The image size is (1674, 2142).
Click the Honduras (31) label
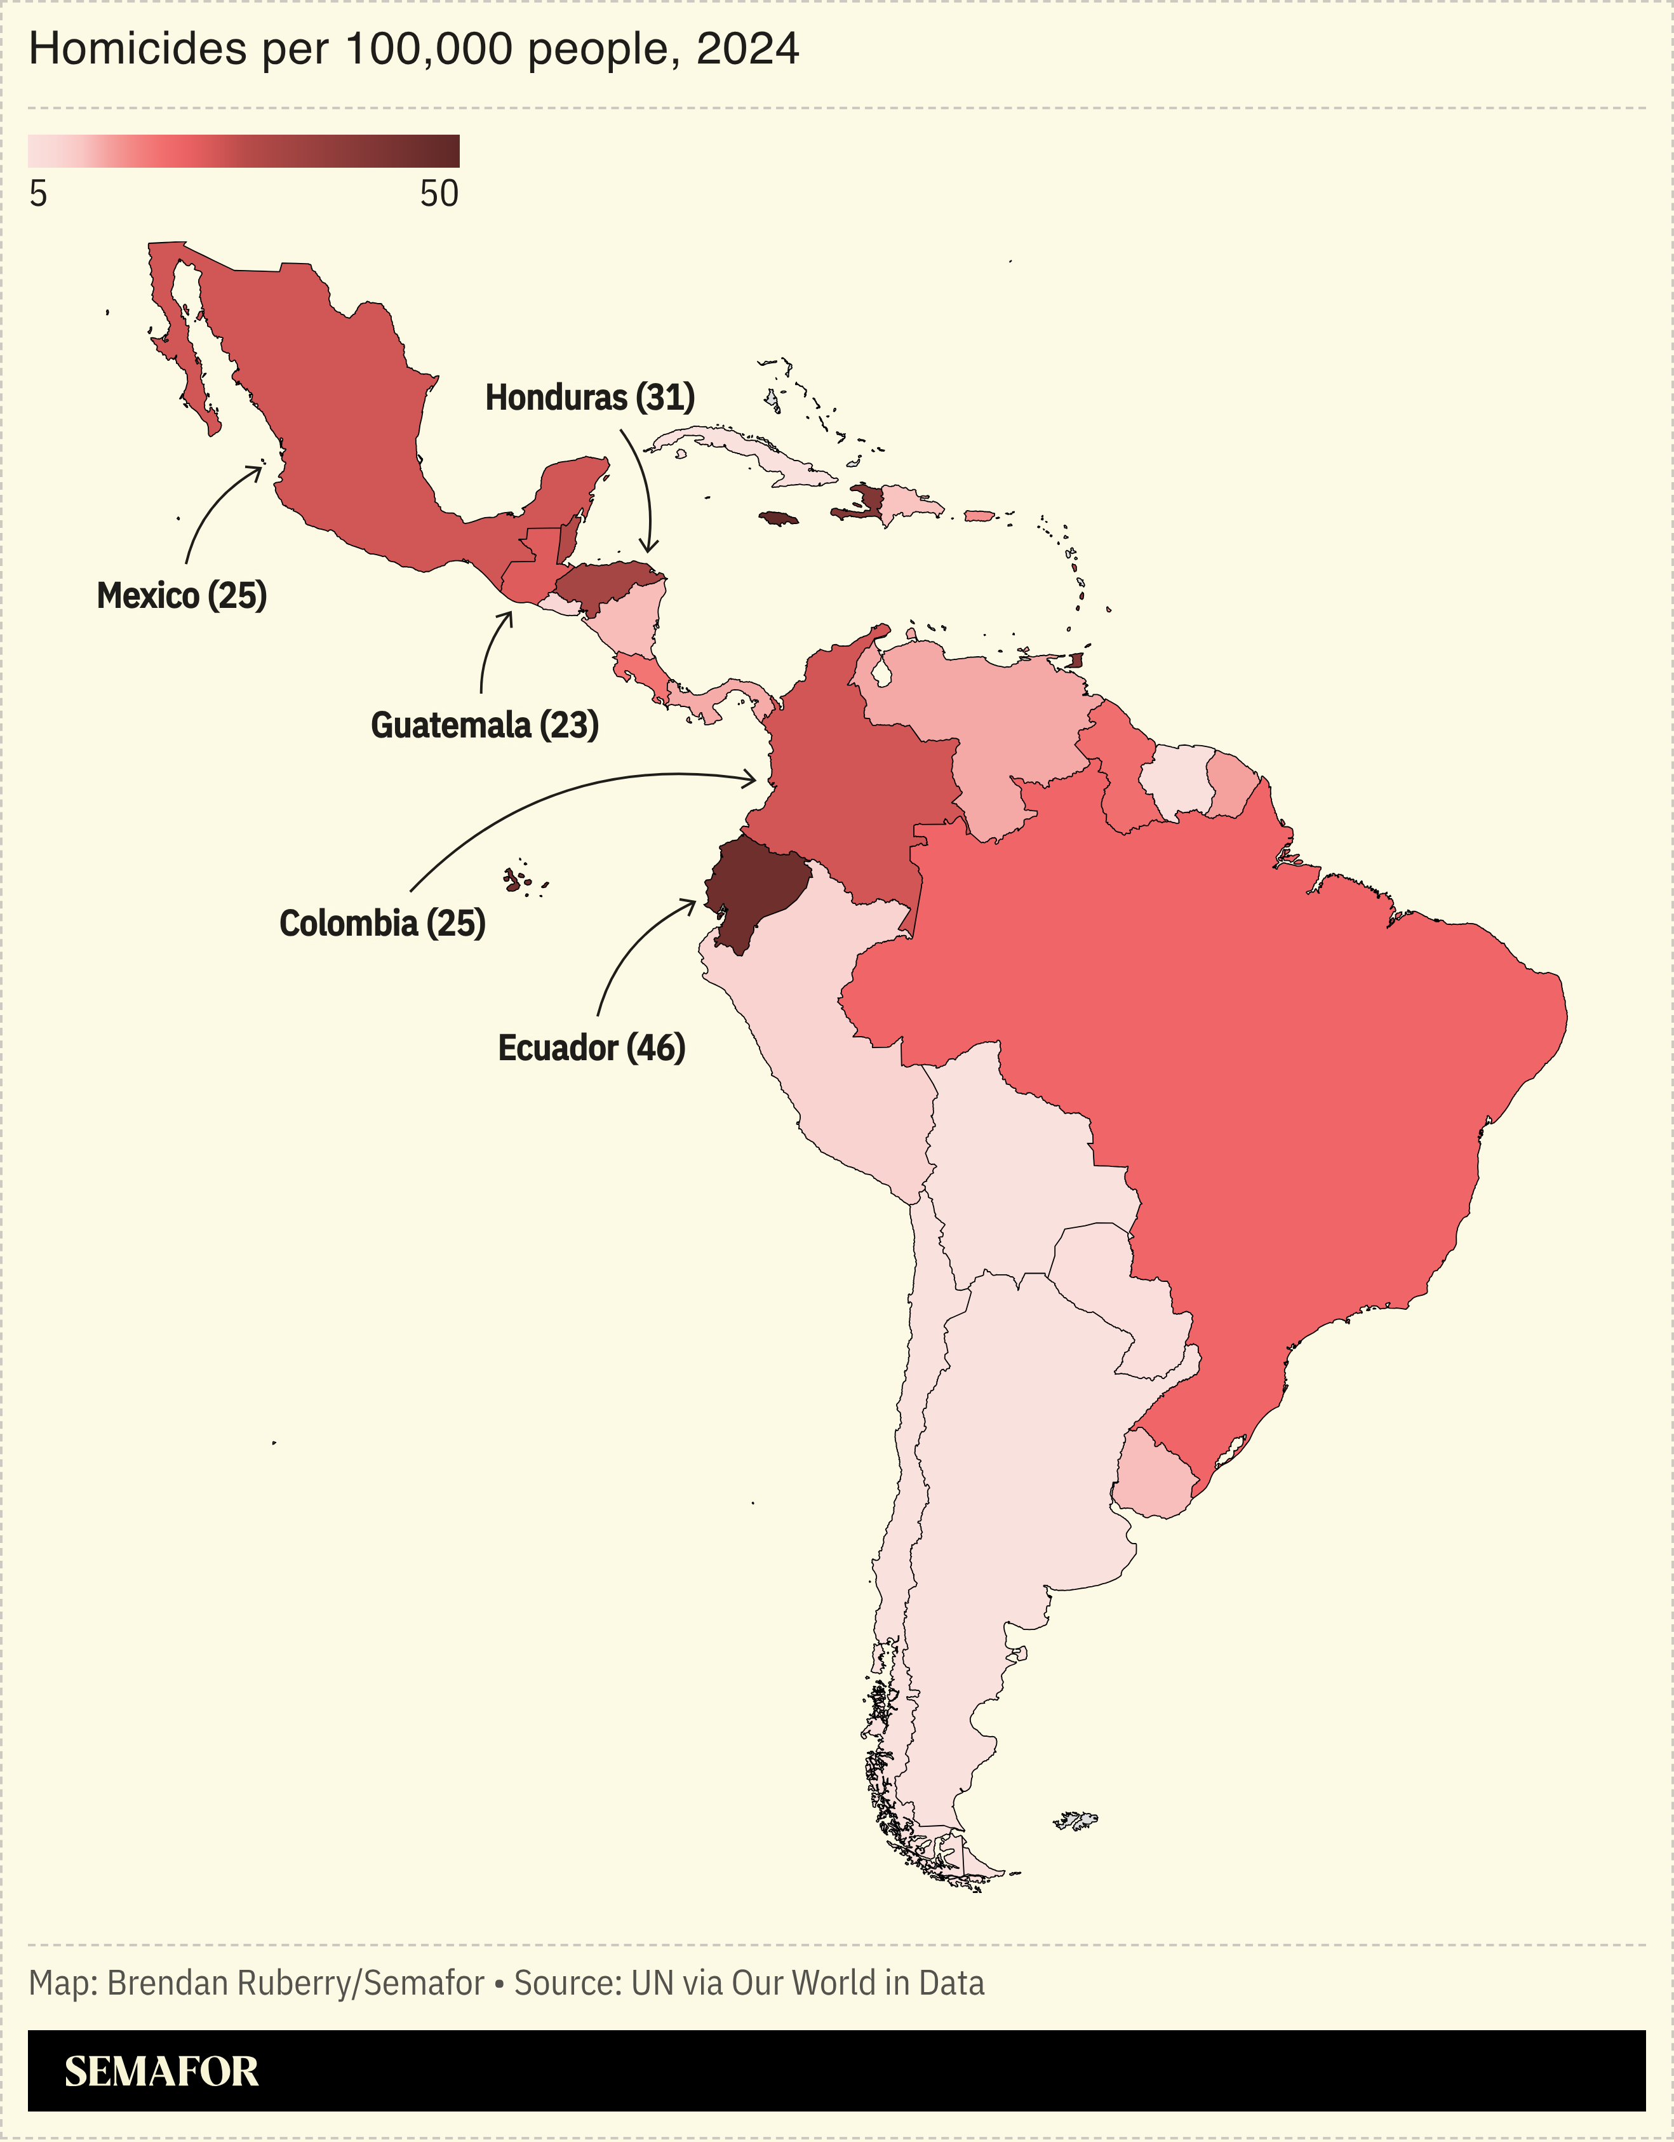click(x=589, y=397)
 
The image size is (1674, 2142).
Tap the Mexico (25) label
click(x=182, y=595)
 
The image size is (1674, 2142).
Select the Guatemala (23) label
click(x=485, y=725)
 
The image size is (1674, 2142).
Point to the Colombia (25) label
click(x=382, y=923)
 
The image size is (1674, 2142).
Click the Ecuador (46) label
click(x=591, y=1047)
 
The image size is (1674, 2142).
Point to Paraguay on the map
click(x=1118, y=1295)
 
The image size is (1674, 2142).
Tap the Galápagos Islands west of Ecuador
click(x=518, y=880)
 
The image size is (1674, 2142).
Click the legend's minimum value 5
click(x=38, y=194)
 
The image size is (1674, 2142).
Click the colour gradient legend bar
click(x=243, y=151)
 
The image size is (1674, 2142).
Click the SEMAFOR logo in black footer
click(x=162, y=2071)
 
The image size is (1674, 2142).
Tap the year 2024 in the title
click(x=747, y=49)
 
